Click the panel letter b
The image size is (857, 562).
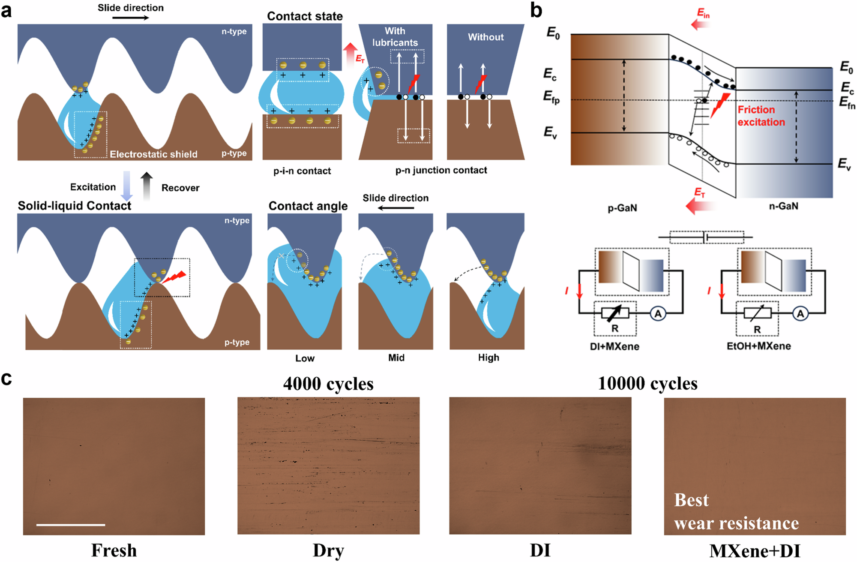536,10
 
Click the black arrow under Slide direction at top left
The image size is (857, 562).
131,18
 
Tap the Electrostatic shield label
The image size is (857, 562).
153,154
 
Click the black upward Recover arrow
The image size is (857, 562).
147,186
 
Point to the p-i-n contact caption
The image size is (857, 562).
302,171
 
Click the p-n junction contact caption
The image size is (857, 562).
441,170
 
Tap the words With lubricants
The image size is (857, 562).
395,37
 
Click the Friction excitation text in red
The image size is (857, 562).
761,116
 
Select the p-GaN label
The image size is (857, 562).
622,208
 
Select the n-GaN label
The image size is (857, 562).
783,206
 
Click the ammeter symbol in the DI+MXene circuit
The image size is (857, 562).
658,314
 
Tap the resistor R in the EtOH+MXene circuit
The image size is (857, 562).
757,314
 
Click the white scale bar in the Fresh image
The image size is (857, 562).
71,524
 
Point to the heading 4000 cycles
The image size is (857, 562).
328,384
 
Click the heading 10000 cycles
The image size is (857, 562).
647,383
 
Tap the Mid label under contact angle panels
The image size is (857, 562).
396,358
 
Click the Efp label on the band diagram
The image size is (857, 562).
551,98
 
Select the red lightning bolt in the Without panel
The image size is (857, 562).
481,84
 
